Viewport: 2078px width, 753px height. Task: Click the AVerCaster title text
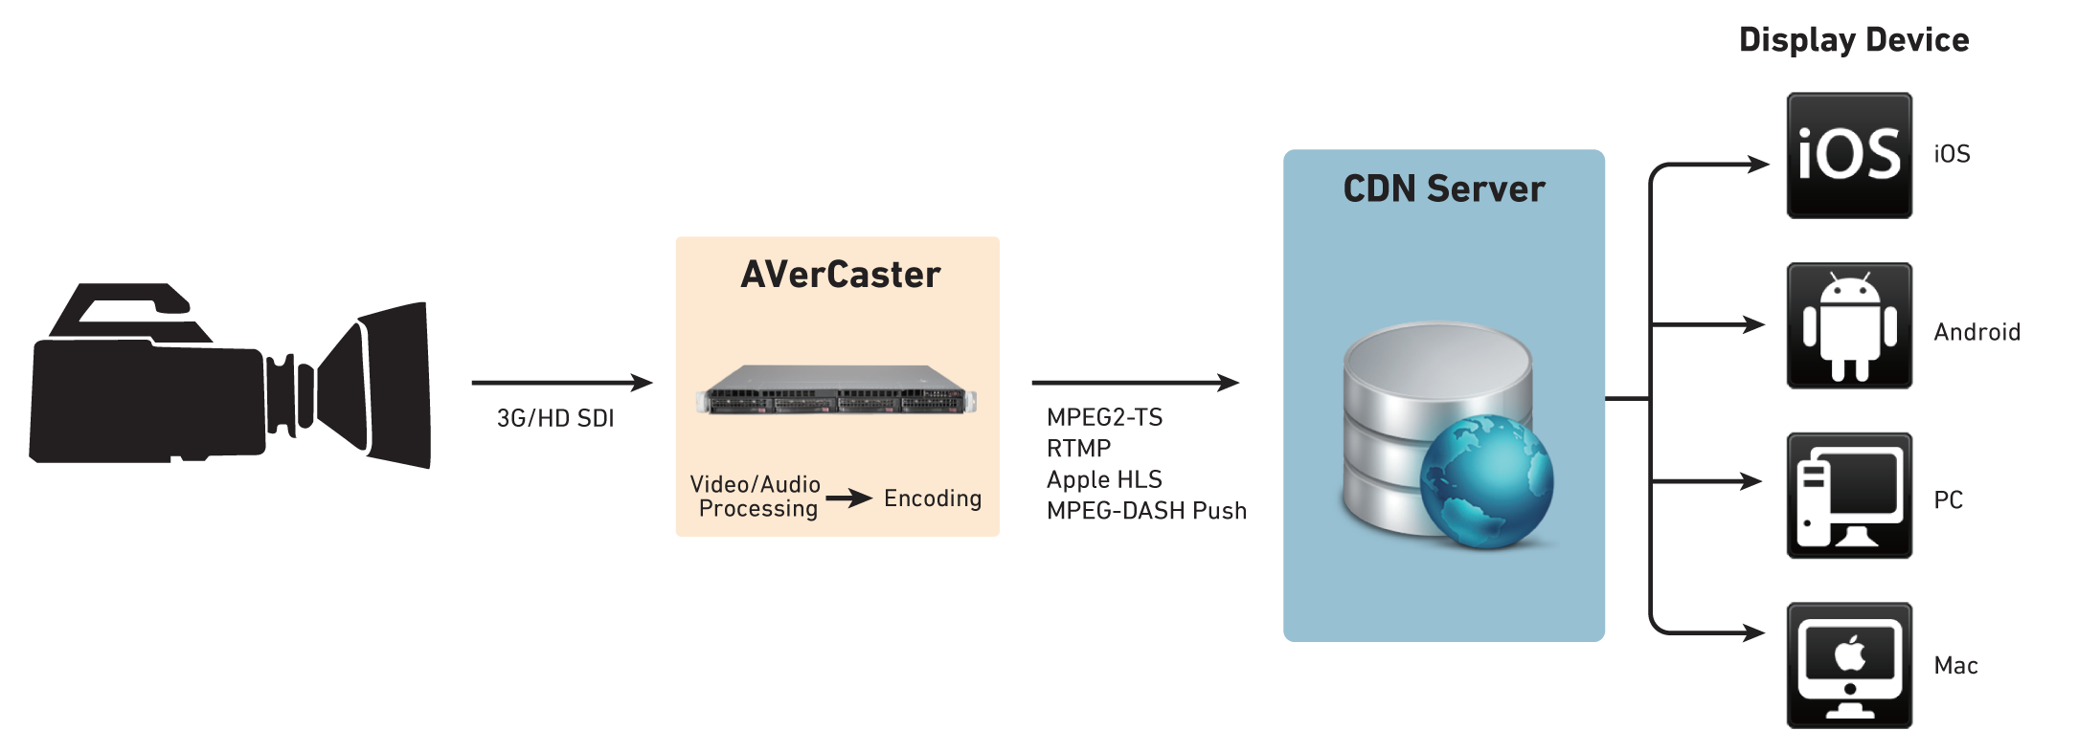(840, 275)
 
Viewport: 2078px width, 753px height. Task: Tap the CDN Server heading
(1443, 188)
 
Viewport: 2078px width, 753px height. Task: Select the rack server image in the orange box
(836, 390)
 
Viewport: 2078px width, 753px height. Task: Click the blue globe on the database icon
(1485, 480)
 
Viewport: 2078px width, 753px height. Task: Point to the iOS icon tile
(1849, 155)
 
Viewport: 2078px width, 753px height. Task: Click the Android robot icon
(1849, 326)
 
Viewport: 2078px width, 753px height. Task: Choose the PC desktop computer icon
(1849, 496)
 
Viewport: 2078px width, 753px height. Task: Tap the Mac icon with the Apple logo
(1849, 665)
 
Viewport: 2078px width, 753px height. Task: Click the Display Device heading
(1853, 40)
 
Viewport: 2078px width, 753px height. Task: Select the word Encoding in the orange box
(932, 498)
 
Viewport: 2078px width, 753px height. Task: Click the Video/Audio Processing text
(757, 497)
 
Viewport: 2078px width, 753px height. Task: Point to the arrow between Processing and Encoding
(849, 498)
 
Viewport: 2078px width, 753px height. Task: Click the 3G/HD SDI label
(555, 418)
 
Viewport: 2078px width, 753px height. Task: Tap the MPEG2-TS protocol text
(1104, 417)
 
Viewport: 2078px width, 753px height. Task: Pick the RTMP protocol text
(1078, 449)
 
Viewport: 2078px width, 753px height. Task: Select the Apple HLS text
(1104, 479)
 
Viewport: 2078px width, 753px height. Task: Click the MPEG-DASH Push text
(1146, 510)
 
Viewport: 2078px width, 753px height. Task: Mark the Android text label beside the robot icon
(1976, 332)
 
